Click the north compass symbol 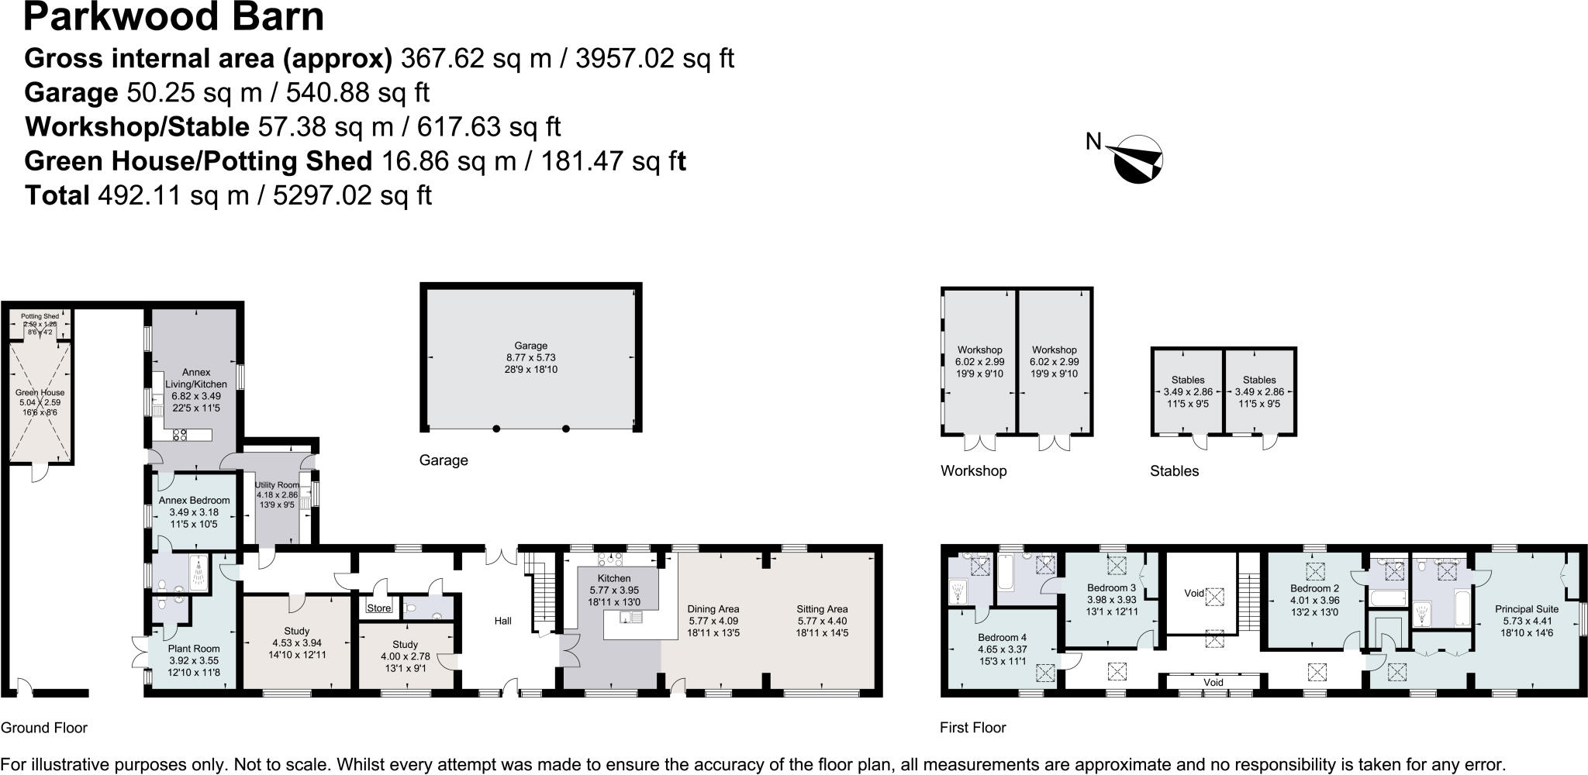point(1137,160)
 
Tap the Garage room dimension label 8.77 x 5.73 point(530,358)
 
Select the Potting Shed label point(40,316)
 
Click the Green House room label point(40,393)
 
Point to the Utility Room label point(277,484)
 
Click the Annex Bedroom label point(194,501)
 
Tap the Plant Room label point(194,649)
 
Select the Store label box point(379,608)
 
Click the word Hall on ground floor point(503,621)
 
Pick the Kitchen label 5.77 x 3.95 point(613,590)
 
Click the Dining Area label point(713,609)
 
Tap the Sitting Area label point(822,609)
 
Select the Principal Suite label point(1526,609)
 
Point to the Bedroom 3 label point(1110,588)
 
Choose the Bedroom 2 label point(1314,588)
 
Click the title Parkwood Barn point(174,17)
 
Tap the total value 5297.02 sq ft point(353,195)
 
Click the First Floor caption point(972,728)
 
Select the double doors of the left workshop point(979,443)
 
